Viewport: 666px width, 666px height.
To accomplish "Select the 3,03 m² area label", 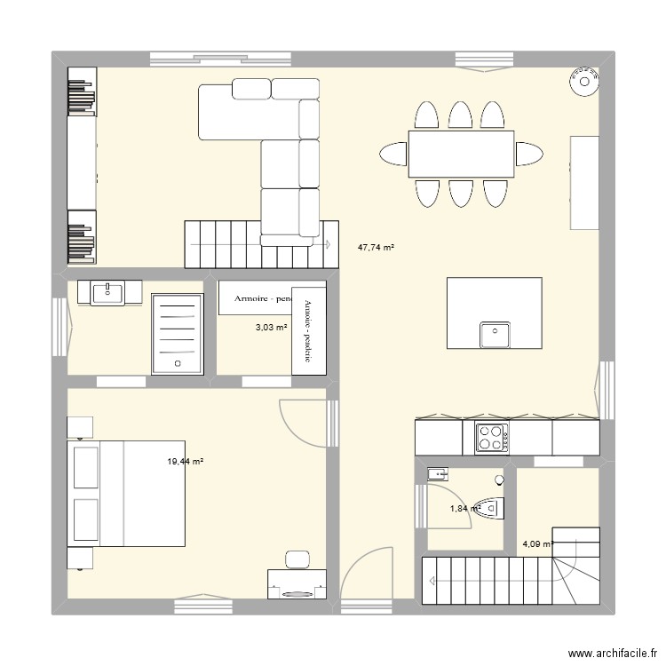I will (271, 328).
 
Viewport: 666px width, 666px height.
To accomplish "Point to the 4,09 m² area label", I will (538, 544).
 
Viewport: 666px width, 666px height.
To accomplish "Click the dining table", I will (461, 154).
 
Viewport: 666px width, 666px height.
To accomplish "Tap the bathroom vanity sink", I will (109, 291).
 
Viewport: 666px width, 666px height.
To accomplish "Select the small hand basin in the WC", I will (437, 474).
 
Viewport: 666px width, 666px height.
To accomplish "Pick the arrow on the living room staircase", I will (328, 243).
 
